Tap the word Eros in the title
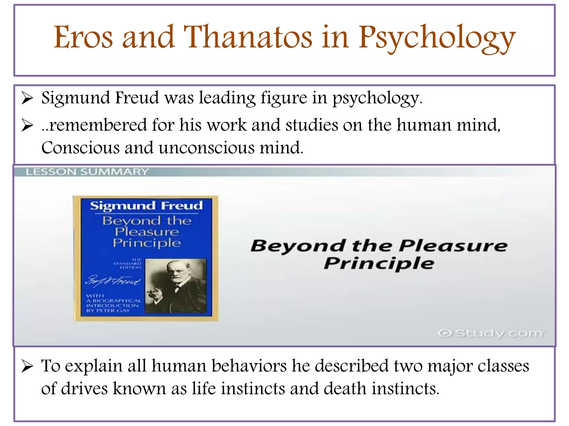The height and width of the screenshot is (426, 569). (x=83, y=37)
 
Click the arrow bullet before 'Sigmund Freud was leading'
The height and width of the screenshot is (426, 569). (x=27, y=98)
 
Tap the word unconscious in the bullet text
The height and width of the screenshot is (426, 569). (x=206, y=148)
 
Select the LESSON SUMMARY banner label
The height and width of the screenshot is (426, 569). (x=87, y=172)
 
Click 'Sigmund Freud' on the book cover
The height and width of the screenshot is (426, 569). (x=146, y=206)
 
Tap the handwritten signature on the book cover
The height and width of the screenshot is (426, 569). (x=113, y=281)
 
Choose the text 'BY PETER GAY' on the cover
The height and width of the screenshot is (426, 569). (x=108, y=311)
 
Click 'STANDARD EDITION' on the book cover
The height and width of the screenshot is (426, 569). (x=128, y=263)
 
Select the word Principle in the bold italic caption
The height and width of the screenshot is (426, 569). (x=379, y=263)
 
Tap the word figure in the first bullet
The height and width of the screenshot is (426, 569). (x=284, y=98)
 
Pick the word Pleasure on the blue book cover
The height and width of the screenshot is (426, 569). (x=147, y=232)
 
